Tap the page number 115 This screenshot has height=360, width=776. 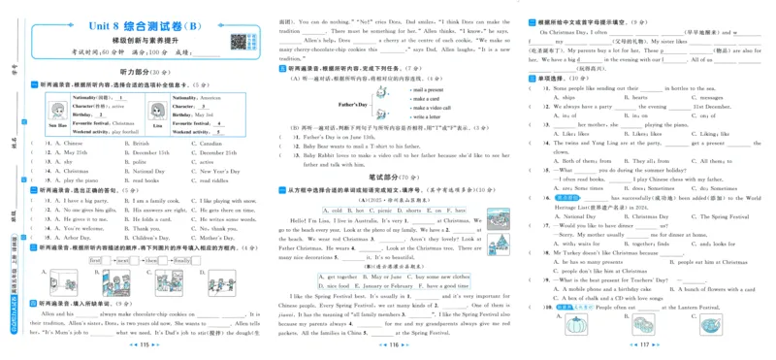[143, 344]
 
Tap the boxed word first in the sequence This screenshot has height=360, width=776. [96, 260]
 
